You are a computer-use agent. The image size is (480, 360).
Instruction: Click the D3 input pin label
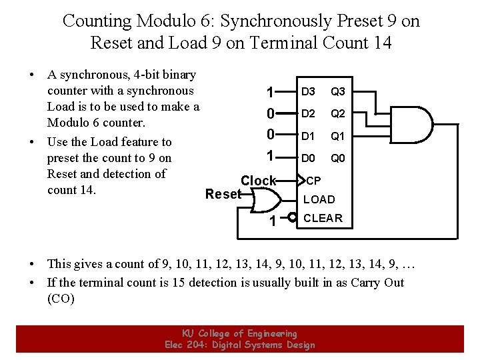click(308, 91)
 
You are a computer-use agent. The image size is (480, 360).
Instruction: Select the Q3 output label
click(338, 91)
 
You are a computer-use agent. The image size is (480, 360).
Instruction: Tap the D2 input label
click(308, 113)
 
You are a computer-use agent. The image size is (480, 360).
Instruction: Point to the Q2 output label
click(338, 113)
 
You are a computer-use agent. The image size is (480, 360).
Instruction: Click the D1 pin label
click(308, 136)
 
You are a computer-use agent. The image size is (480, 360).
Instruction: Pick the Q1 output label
click(338, 136)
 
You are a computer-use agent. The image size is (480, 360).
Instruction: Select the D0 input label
click(308, 159)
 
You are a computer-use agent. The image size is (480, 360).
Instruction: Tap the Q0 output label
click(338, 159)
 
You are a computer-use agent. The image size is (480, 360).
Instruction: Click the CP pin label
click(313, 181)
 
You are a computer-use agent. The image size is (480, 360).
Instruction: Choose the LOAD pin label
click(319, 199)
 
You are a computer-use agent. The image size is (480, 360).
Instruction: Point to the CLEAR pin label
click(323, 218)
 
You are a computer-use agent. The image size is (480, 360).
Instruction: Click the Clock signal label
click(258, 181)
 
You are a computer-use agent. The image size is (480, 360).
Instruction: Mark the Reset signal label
click(223, 194)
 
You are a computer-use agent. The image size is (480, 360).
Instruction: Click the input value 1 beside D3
click(269, 92)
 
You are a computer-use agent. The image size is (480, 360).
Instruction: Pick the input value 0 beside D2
click(269, 114)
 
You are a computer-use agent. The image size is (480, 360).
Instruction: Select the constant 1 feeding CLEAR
click(272, 220)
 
